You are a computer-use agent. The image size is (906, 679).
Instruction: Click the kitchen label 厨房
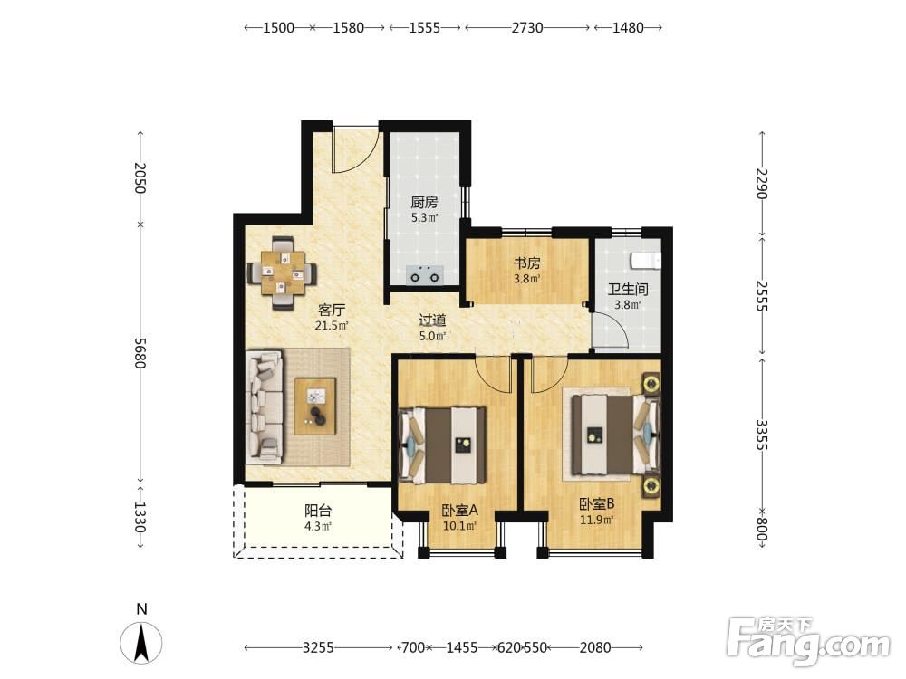(424, 203)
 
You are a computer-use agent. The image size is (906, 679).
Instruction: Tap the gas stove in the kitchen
(425, 275)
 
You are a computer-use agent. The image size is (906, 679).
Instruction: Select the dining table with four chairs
(282, 273)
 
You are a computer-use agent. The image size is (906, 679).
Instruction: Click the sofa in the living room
(265, 408)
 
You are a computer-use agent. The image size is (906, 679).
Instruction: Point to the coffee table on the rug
(315, 406)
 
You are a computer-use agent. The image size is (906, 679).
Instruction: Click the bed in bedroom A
(443, 445)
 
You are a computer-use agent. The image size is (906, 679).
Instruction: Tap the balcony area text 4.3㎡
(318, 526)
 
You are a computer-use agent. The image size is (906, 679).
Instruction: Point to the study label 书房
(527, 263)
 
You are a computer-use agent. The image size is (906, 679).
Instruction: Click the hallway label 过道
(432, 320)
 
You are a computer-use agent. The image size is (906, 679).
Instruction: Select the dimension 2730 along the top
(527, 28)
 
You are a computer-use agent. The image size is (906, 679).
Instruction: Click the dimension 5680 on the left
(140, 352)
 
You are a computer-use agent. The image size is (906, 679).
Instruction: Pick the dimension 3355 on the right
(762, 435)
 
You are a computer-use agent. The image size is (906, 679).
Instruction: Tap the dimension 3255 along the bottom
(318, 648)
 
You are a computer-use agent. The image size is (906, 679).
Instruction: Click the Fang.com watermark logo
(808, 641)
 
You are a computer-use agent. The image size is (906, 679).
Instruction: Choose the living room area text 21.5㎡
(332, 326)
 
